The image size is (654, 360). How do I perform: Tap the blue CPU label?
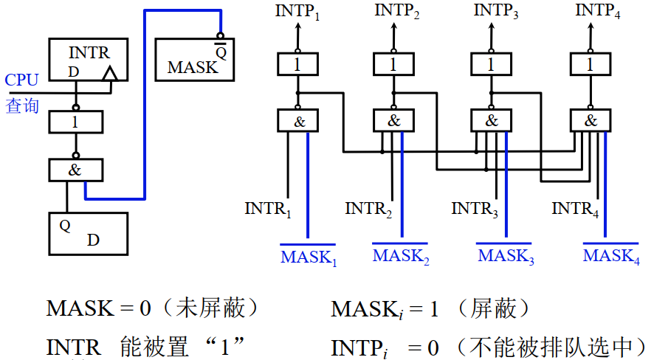[x=21, y=80]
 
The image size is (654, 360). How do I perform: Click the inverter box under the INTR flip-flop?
[x=76, y=122]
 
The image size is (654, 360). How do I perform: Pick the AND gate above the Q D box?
[x=76, y=170]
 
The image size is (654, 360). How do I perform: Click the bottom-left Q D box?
[x=87, y=233]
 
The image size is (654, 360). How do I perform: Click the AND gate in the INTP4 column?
[x=591, y=120]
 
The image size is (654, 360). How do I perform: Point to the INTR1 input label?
[x=268, y=210]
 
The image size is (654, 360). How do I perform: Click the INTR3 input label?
[x=475, y=210]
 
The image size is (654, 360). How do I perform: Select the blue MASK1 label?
[x=309, y=257]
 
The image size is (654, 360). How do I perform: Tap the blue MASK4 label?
[x=611, y=256]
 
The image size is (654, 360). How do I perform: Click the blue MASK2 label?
[x=401, y=257]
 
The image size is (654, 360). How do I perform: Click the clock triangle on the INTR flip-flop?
[x=109, y=75]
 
